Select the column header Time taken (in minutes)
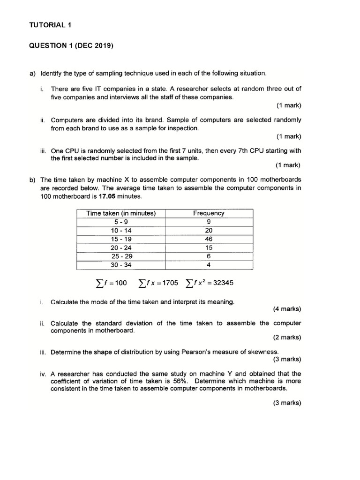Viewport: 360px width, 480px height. (120, 213)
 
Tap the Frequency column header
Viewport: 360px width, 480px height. (209, 213)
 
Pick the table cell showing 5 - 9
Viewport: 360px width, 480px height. (120, 222)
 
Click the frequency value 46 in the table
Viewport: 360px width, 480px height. (209, 239)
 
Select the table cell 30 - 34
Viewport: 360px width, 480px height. (120, 265)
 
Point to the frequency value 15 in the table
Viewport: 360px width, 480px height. (209, 247)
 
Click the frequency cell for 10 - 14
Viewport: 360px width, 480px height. (209, 231)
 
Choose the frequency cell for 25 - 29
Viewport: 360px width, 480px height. (209, 256)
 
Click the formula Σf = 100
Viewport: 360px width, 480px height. (111, 283)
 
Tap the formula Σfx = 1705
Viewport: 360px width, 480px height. (158, 283)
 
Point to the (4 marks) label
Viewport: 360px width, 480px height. (287, 309)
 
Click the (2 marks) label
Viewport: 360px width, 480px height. (287, 337)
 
